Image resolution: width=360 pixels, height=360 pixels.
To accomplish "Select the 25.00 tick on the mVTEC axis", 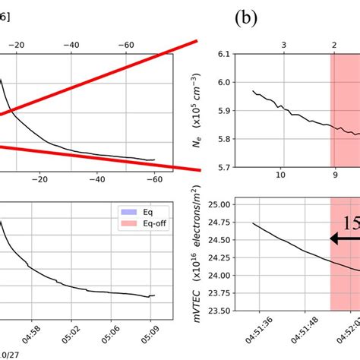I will click(x=221, y=204).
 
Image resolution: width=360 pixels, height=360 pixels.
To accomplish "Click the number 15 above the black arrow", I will click(x=351, y=223).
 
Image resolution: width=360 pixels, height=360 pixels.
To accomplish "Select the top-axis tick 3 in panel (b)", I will click(x=283, y=46).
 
